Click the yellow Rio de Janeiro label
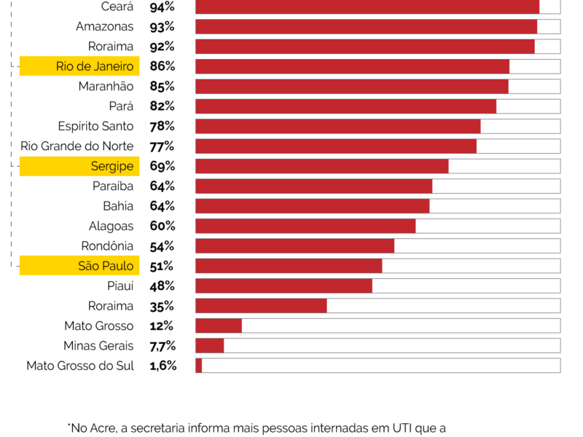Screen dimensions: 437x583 79,66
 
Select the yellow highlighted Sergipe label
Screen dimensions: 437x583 79,166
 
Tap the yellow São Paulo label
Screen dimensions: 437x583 79,266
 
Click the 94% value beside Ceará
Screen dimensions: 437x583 162,7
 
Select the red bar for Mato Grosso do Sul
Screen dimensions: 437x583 198,366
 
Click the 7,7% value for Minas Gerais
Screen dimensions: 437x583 163,346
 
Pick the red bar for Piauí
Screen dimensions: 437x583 283,286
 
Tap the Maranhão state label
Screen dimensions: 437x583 106,87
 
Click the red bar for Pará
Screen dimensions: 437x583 345,106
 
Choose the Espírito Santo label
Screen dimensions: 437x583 95,126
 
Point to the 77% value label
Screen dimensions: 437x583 162,146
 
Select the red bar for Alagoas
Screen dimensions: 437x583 305,226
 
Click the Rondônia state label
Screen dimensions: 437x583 108,246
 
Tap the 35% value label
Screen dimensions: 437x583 162,306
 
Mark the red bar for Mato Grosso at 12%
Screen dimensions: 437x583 218,326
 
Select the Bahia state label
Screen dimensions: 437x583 118,206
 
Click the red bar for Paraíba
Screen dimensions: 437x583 313,186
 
